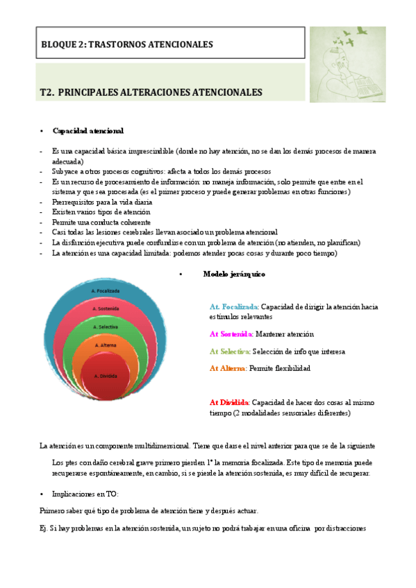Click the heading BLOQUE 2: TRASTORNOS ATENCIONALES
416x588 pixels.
127,44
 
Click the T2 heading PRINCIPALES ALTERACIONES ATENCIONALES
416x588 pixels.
151,92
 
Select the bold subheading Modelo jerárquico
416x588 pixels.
233,274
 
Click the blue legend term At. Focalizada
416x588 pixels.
234,306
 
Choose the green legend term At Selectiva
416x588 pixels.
230,351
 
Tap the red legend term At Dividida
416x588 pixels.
229,402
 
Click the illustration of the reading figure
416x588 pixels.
356,64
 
